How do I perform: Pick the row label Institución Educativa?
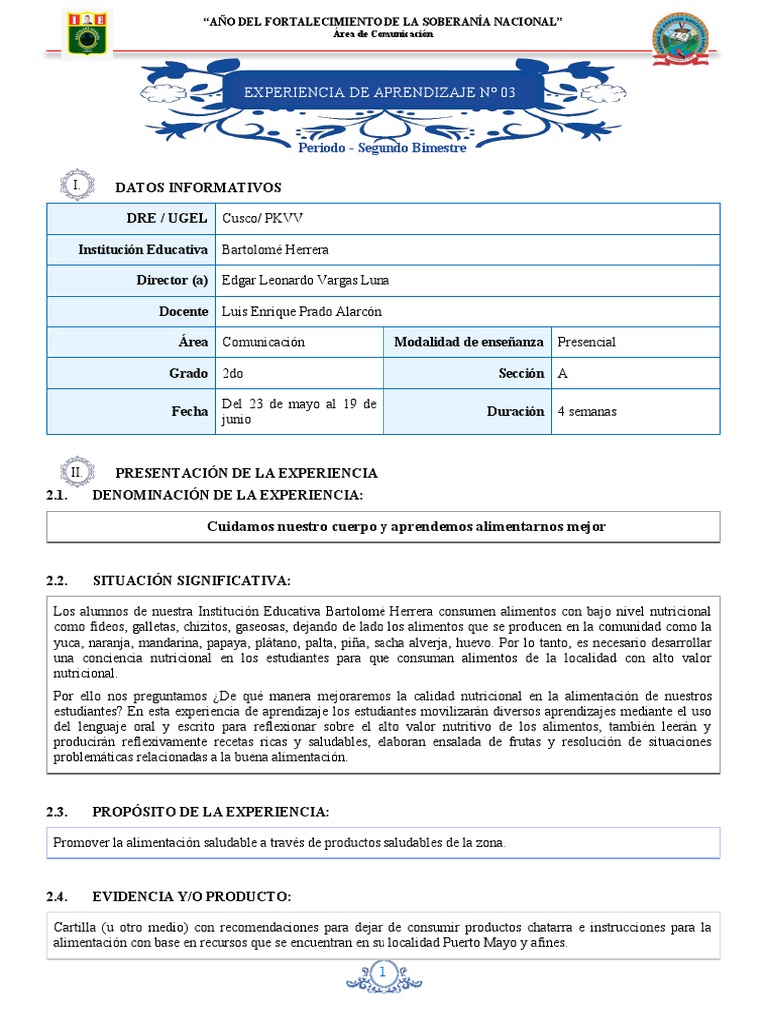pyautogui.click(x=143, y=250)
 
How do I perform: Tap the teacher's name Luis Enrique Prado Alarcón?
pyautogui.click(x=302, y=312)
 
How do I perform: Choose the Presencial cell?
pyautogui.click(x=586, y=342)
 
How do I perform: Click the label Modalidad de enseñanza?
pyautogui.click(x=468, y=342)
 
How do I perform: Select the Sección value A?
pyautogui.click(x=562, y=373)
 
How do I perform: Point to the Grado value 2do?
pyautogui.click(x=233, y=373)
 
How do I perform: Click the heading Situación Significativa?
pyautogui.click(x=191, y=581)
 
